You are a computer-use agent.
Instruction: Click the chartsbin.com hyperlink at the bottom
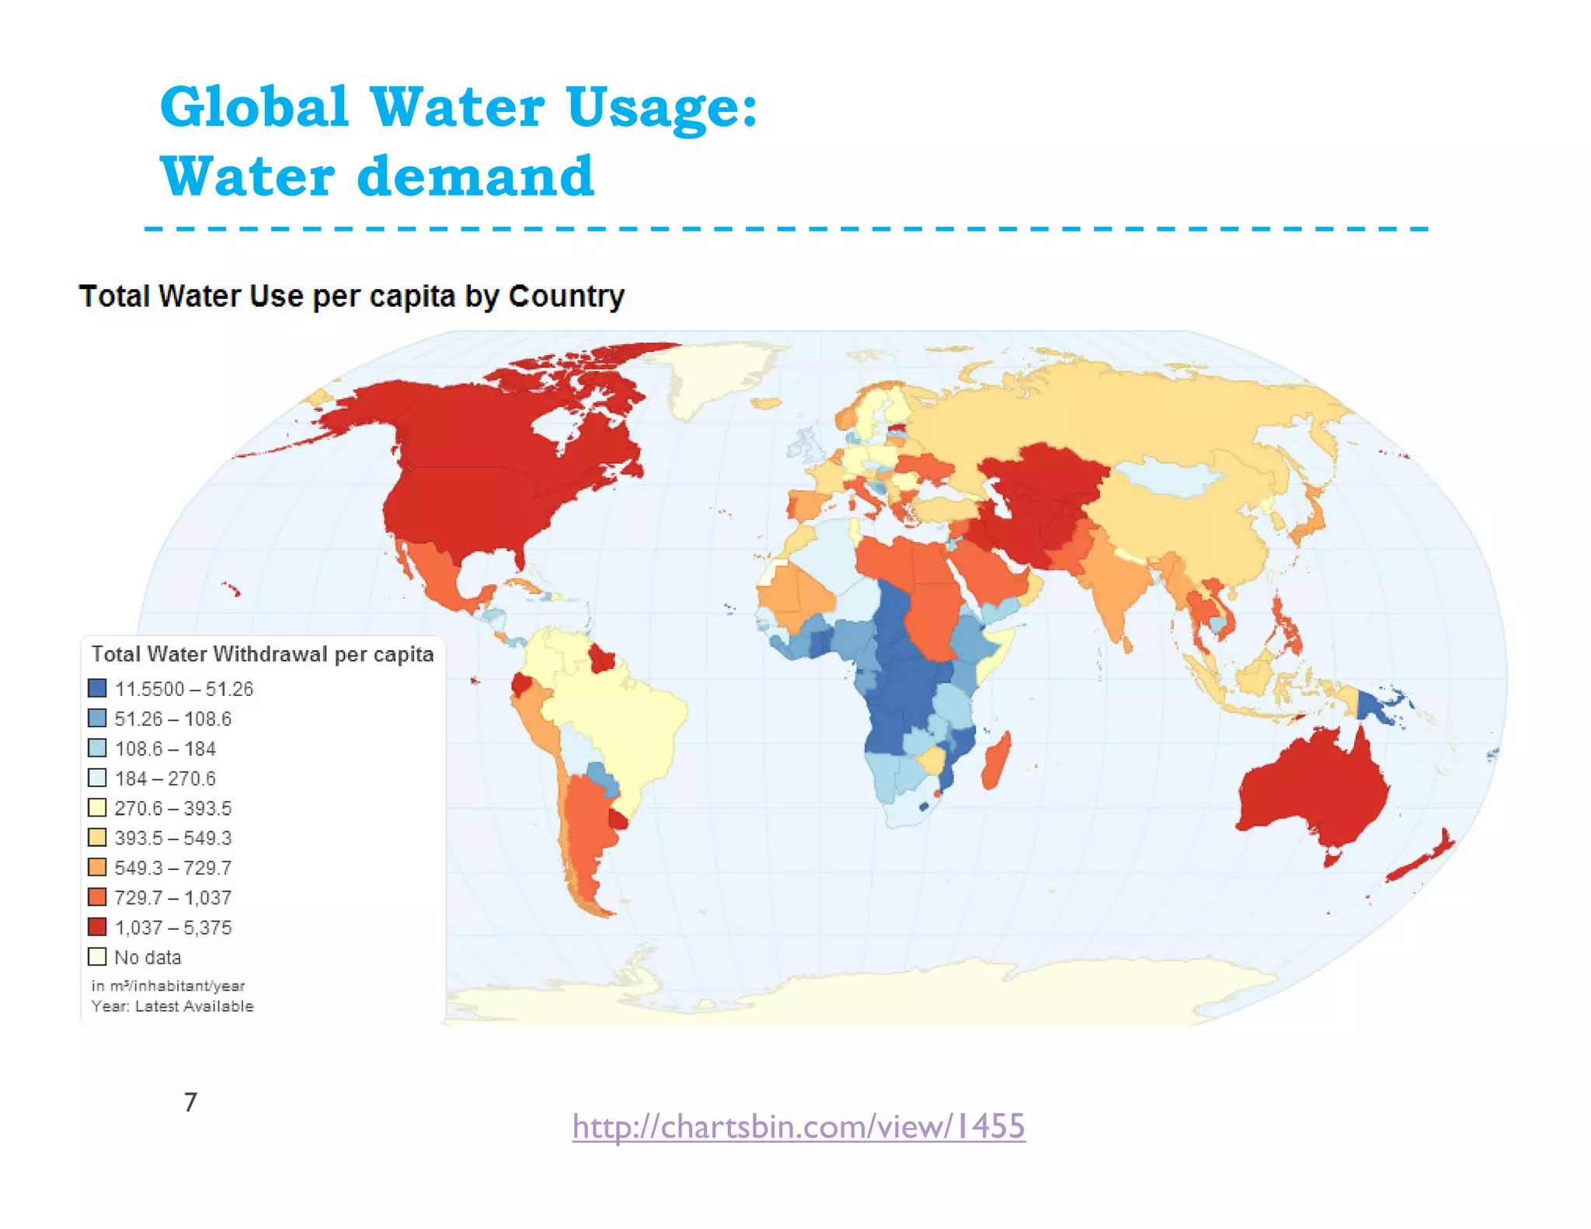pos(799,1126)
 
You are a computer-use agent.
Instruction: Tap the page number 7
pos(191,1102)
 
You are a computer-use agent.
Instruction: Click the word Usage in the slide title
pos(661,107)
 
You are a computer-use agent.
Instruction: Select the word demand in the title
pos(475,176)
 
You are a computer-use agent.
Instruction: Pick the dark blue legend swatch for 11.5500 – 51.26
pos(97,688)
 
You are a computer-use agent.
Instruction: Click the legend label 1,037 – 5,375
pos(172,928)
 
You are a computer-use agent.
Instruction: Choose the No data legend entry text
pos(148,957)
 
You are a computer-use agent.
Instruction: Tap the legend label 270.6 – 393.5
pos(172,808)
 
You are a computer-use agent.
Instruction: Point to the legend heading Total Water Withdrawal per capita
pos(263,654)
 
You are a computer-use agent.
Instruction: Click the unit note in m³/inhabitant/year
pos(168,986)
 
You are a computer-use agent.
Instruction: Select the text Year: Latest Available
pos(172,1006)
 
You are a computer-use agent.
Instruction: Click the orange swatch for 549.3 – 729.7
pos(97,867)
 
